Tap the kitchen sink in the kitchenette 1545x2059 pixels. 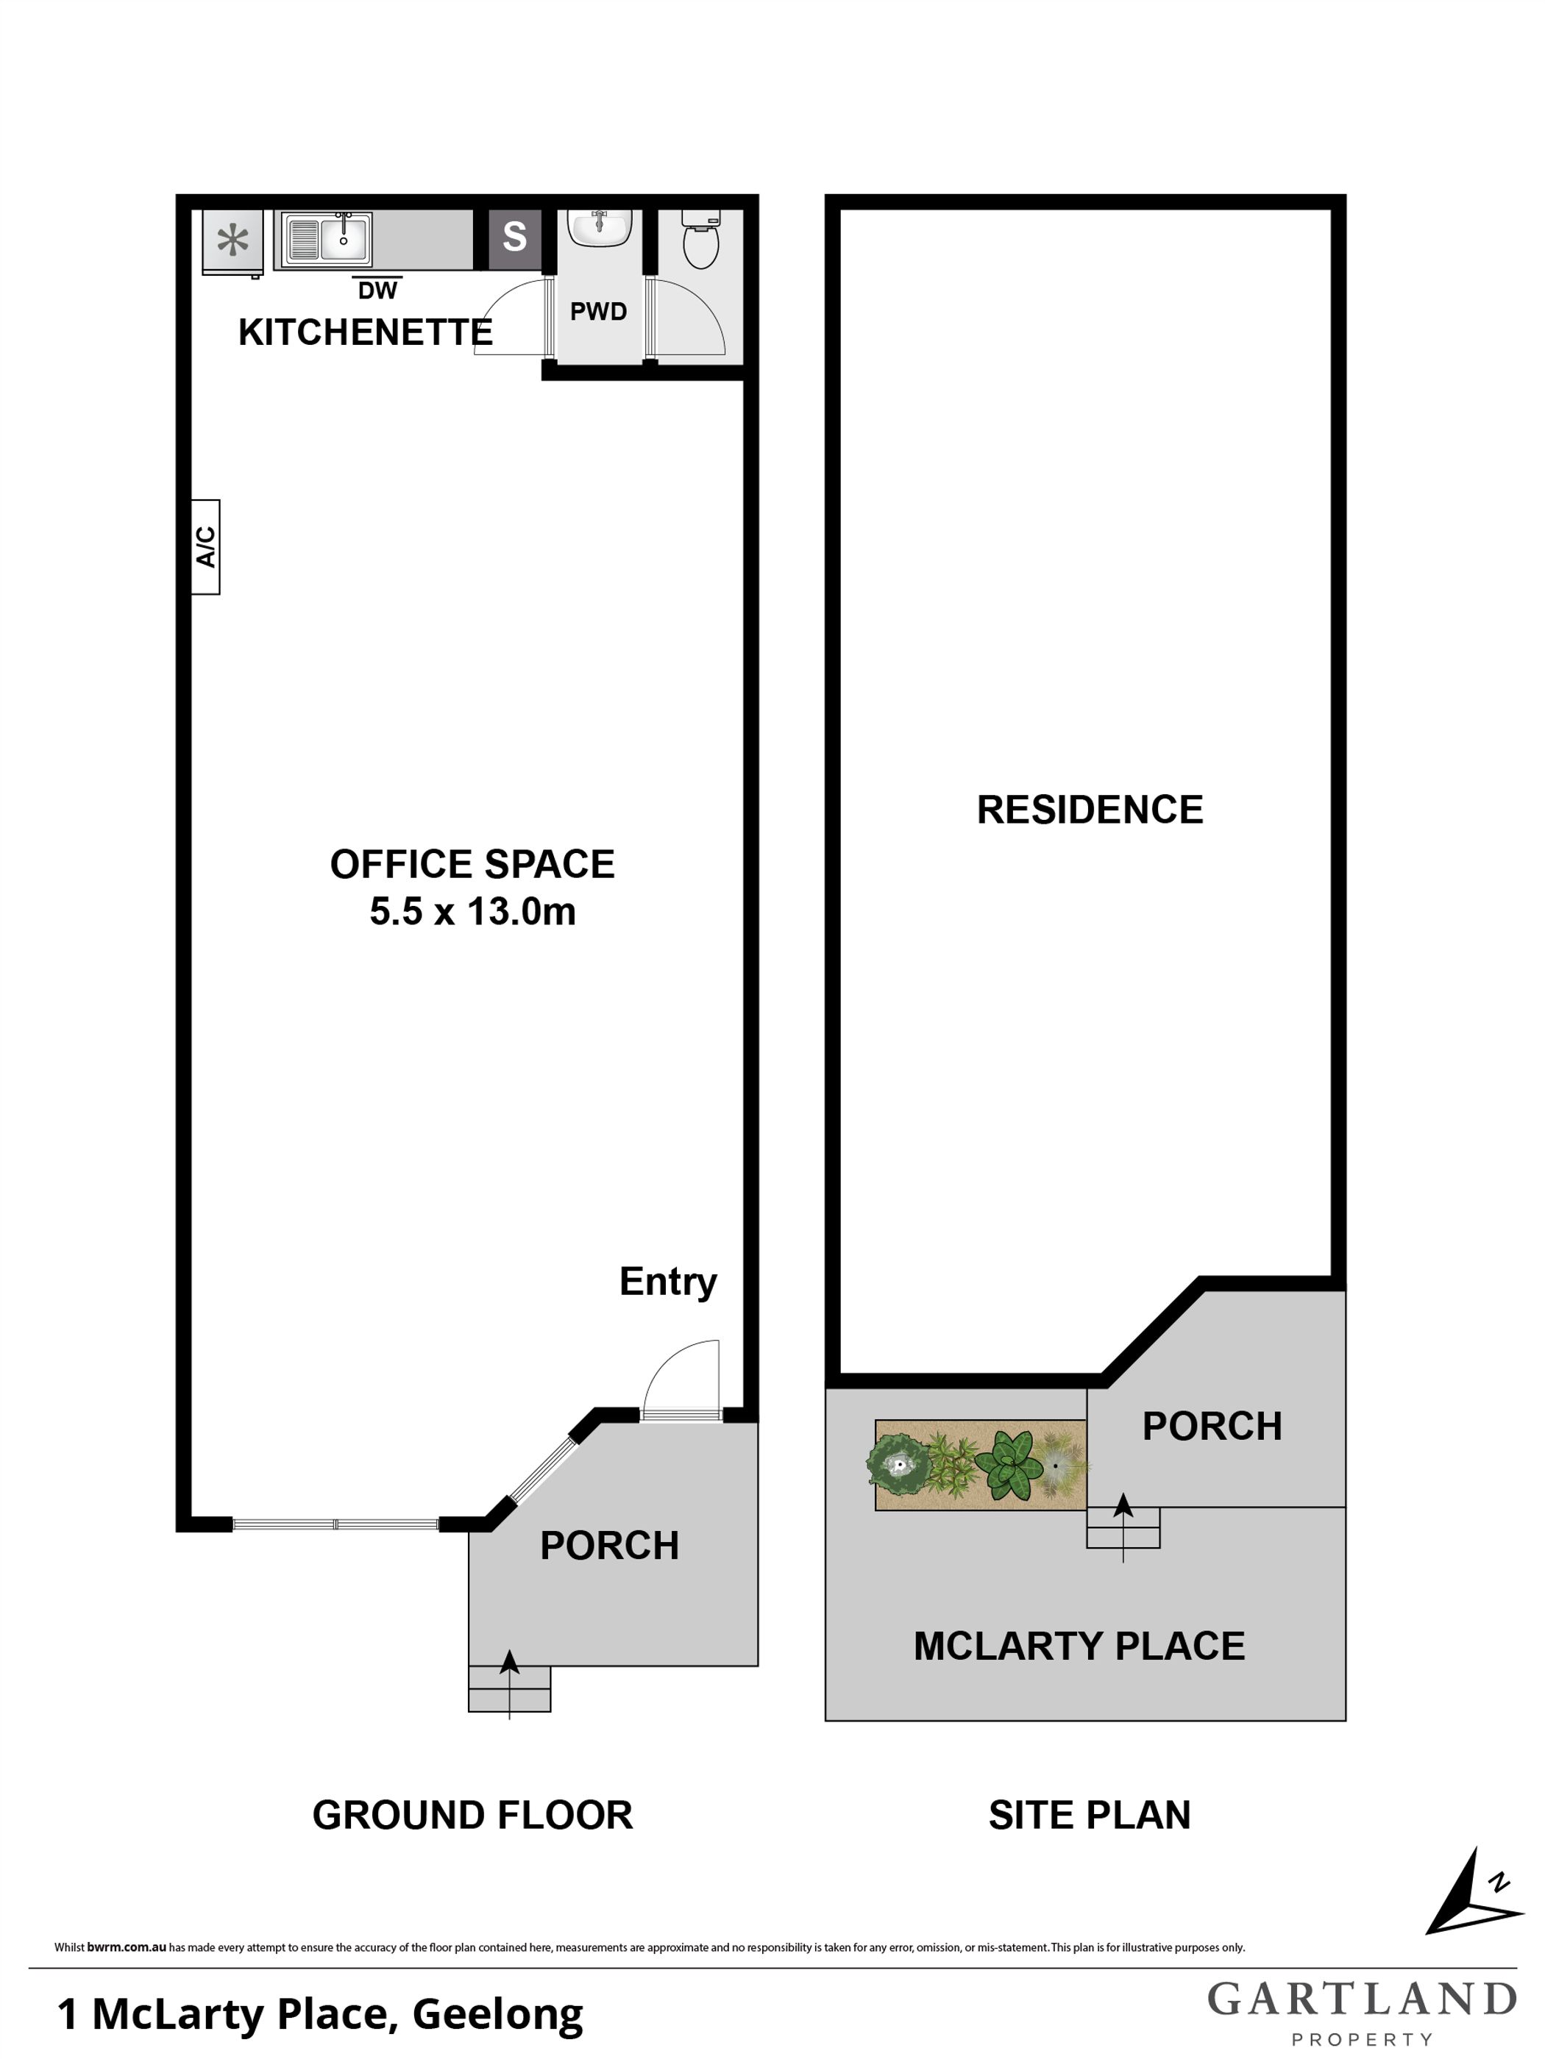point(328,239)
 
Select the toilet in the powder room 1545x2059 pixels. point(700,238)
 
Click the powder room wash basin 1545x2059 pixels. point(600,227)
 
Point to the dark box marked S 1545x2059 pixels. point(515,238)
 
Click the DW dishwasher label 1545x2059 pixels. point(377,290)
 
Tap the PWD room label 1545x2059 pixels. point(598,312)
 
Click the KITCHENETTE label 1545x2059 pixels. point(365,332)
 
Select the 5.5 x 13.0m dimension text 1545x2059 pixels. point(472,911)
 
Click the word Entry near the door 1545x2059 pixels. point(668,1282)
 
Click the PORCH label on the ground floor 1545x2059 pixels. point(609,1545)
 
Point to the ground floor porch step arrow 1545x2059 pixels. point(509,1684)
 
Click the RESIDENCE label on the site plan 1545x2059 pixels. point(1090,810)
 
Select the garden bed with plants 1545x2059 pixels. point(980,1465)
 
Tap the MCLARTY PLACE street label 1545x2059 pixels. point(1079,1646)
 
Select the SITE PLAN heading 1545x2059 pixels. point(1090,1815)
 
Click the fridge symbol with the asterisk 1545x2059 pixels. point(232,242)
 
